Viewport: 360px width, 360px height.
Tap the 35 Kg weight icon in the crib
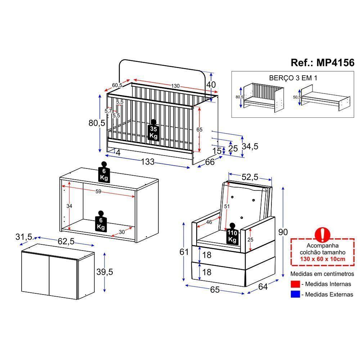(x=153, y=132)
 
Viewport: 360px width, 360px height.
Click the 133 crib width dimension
(x=148, y=162)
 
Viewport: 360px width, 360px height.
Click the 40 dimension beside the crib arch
(x=211, y=85)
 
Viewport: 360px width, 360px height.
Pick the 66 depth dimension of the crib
(x=210, y=162)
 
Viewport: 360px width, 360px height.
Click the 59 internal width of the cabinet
(x=98, y=192)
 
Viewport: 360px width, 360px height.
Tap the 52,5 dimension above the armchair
(x=250, y=177)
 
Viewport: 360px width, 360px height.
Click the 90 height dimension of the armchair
(x=283, y=232)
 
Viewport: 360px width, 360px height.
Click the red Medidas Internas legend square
(x=295, y=284)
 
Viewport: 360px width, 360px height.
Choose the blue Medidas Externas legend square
(x=295, y=294)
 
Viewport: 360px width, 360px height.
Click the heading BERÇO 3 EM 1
(x=293, y=78)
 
